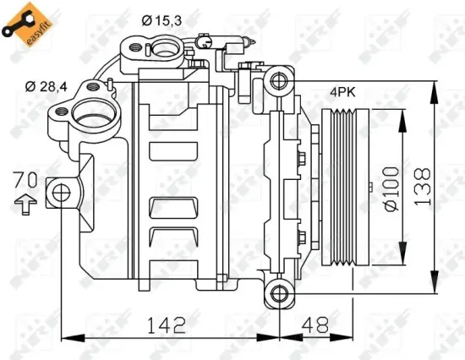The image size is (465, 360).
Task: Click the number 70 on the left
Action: click(x=25, y=179)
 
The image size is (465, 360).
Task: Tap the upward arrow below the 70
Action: click(x=25, y=202)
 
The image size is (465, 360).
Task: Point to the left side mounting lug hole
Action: click(x=60, y=192)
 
